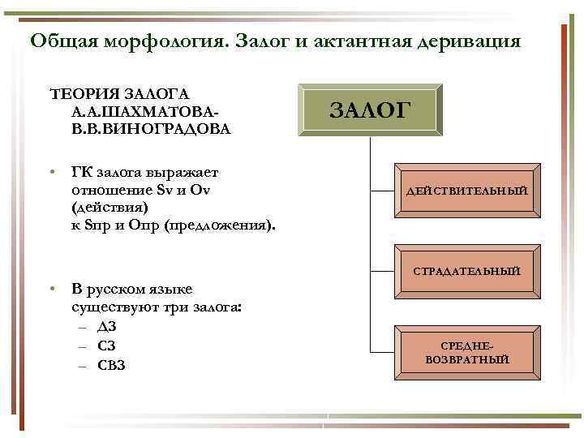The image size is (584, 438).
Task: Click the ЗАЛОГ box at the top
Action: click(x=371, y=109)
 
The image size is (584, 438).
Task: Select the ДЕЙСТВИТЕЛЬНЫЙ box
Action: click(x=466, y=190)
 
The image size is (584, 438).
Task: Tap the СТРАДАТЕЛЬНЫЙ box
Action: click(x=466, y=270)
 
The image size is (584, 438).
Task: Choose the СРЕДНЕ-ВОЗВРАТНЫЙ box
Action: click(x=466, y=352)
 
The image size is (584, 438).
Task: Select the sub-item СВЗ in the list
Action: click(x=111, y=365)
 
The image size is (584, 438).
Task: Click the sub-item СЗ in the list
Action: click(x=106, y=346)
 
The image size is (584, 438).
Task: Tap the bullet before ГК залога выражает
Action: click(x=51, y=172)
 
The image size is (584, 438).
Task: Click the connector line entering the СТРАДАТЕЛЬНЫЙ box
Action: click(x=386, y=269)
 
